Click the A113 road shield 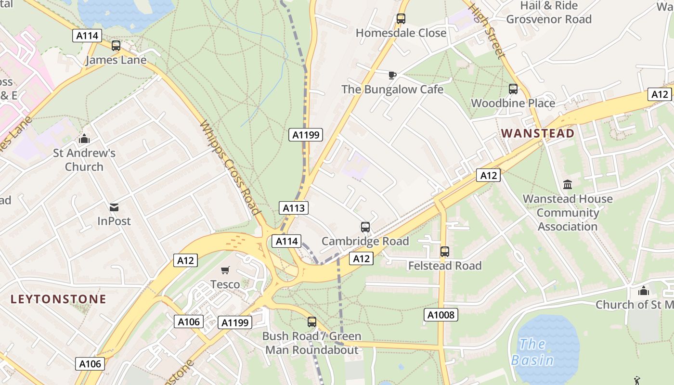(294, 208)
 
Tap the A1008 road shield (441, 315)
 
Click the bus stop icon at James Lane (116, 46)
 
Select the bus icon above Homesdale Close (401, 19)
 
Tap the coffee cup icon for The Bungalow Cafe (392, 75)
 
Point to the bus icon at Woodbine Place (513, 89)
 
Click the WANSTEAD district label (538, 133)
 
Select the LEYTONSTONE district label (58, 299)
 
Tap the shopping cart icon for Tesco (225, 270)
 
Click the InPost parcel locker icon (114, 207)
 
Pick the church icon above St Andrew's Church (84, 139)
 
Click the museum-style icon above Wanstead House (568, 184)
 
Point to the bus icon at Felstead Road (445, 252)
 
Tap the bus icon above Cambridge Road (365, 227)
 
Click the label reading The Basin (532, 352)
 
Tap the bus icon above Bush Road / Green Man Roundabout (312, 322)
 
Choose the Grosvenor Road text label (548, 19)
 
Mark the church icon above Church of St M (644, 291)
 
